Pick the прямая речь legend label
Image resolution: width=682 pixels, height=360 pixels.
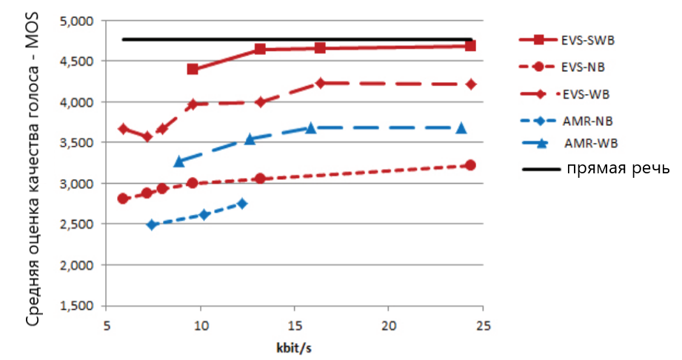click(x=618, y=168)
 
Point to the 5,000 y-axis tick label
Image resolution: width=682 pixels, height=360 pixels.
click(x=76, y=21)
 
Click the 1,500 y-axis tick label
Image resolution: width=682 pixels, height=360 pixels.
click(x=76, y=306)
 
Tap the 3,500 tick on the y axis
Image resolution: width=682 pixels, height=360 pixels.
click(x=76, y=143)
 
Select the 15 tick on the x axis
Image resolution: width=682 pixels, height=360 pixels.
click(x=295, y=325)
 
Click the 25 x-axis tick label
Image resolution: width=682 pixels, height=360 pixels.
click(x=483, y=325)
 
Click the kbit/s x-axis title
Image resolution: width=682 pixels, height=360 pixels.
click(x=294, y=348)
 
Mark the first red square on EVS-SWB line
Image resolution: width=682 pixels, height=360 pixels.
click(x=193, y=69)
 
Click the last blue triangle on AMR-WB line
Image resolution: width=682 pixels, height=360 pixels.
click(x=461, y=128)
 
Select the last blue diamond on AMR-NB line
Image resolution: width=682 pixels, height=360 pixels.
click(x=242, y=203)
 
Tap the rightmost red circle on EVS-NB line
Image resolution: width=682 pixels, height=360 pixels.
click(x=470, y=165)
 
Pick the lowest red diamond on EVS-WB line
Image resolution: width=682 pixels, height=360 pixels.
click(x=147, y=137)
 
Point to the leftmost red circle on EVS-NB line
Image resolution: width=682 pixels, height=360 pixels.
click(x=123, y=199)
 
